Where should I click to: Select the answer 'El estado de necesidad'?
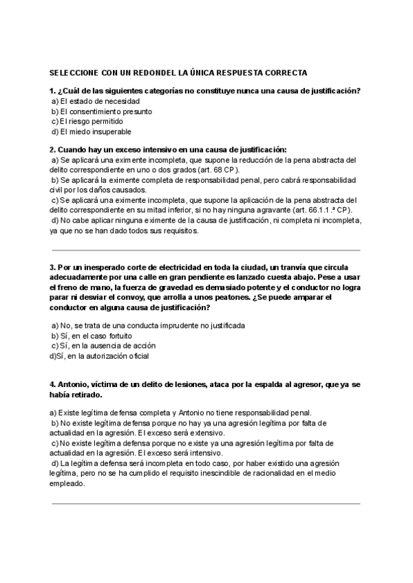[x=95, y=101]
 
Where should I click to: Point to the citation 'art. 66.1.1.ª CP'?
[x=326, y=210]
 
